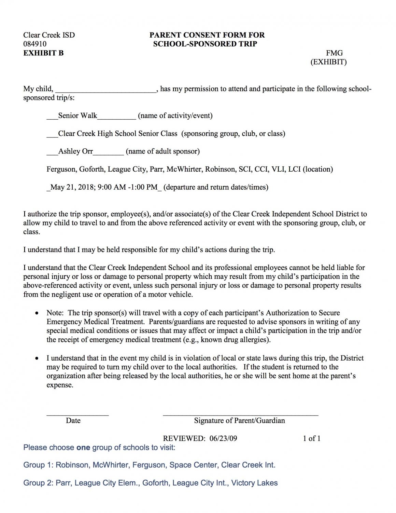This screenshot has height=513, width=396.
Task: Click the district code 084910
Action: coord(35,44)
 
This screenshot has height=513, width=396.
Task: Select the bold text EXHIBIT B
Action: coord(43,53)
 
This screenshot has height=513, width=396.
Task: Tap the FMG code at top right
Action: coord(334,53)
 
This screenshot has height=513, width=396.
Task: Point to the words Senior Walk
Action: coord(77,116)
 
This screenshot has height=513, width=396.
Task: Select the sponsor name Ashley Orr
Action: coord(75,151)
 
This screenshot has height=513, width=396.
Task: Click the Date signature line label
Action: coord(73,420)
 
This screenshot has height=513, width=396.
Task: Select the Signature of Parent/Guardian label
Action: coord(239,420)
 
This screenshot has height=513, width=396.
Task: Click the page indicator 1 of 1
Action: coord(311,438)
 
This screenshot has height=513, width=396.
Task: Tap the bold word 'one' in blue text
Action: coord(83,447)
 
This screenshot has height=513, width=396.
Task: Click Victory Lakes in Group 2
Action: coord(254,483)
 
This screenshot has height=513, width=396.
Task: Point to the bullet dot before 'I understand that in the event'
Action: coord(37,359)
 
